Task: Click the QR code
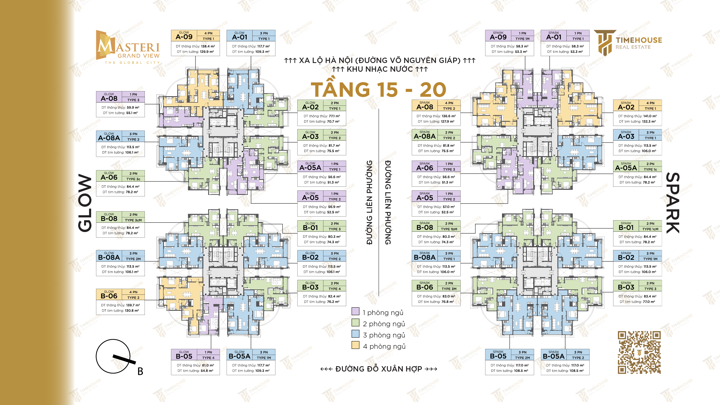coord(639,352)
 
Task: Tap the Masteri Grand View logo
coord(128,47)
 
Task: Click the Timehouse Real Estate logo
coord(628,43)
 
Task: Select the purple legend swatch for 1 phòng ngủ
coord(355,311)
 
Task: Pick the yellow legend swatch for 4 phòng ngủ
coord(355,345)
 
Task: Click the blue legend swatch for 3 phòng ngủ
coord(355,334)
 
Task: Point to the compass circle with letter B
coord(113,356)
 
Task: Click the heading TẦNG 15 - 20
coord(379,89)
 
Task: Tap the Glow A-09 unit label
coord(184,37)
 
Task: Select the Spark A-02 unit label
coord(626,107)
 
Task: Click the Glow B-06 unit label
coord(109,296)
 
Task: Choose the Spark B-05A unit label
coord(553,356)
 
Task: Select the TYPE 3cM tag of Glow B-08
coord(133,220)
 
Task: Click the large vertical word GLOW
coord(85,203)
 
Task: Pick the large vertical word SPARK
coord(673,203)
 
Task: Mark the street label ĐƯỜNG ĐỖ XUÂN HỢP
coord(379,369)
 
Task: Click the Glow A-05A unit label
coord(310,168)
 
